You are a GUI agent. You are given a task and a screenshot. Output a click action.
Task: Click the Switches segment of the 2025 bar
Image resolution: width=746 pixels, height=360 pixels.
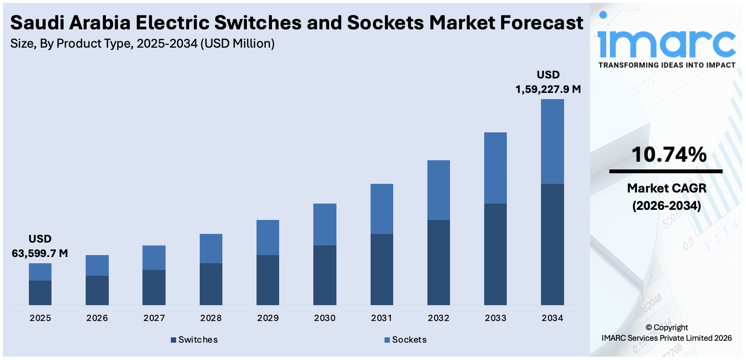tap(40, 293)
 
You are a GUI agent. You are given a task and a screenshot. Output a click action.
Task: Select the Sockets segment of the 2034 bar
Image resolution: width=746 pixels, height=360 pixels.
tap(552, 141)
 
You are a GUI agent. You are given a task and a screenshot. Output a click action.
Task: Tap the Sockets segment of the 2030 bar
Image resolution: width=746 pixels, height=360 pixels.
tap(324, 224)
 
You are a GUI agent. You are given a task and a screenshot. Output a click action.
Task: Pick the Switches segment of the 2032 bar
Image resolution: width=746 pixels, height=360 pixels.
tap(438, 262)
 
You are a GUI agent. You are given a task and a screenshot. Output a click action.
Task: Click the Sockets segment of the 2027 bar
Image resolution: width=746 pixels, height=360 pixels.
tap(154, 257)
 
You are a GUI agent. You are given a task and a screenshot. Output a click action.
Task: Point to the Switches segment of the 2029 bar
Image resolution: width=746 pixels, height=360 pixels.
tap(268, 280)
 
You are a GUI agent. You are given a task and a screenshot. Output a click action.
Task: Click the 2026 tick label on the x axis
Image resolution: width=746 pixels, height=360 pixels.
tap(97, 318)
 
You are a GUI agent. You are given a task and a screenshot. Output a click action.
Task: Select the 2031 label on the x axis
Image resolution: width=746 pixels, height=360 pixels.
tap(382, 318)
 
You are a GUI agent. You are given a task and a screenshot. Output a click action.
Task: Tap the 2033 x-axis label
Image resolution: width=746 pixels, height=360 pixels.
tap(495, 318)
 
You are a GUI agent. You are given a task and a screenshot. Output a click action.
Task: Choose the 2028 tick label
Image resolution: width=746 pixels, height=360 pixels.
tap(211, 318)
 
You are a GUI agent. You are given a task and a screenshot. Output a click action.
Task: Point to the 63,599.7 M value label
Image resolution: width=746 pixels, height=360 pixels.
tap(40, 253)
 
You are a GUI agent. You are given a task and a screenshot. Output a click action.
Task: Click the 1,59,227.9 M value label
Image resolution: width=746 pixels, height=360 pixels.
tap(548, 89)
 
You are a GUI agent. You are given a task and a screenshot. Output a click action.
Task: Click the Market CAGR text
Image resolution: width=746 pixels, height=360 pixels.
tap(666, 188)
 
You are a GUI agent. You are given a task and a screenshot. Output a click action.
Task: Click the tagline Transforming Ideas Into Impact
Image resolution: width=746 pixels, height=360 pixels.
tap(666, 65)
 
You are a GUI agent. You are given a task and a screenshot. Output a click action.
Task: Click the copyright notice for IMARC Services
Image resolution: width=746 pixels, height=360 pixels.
tap(666, 333)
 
